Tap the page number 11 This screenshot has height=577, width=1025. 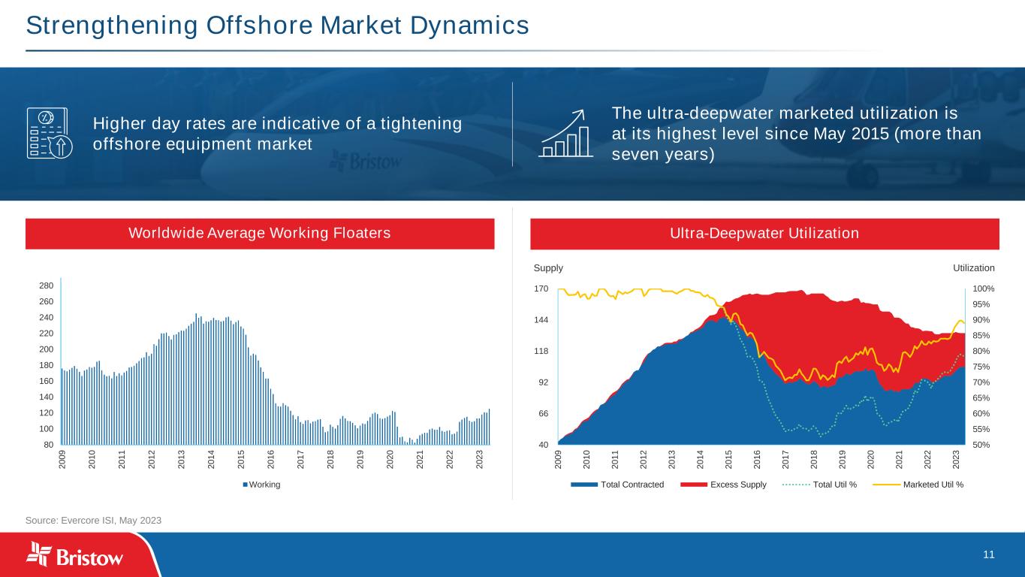988,554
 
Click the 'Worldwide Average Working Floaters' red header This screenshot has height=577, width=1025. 260,233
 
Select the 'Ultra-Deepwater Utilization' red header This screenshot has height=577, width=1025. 764,233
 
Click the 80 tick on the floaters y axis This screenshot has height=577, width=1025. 47,445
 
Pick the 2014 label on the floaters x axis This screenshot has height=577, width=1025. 211,459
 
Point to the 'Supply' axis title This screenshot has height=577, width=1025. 548,268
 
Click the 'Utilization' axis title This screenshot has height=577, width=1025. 973,268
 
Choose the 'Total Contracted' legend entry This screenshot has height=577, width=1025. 632,485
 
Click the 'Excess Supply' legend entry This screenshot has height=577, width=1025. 737,485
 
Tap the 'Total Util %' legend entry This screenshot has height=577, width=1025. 834,485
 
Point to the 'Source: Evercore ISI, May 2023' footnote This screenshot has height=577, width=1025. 94,520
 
